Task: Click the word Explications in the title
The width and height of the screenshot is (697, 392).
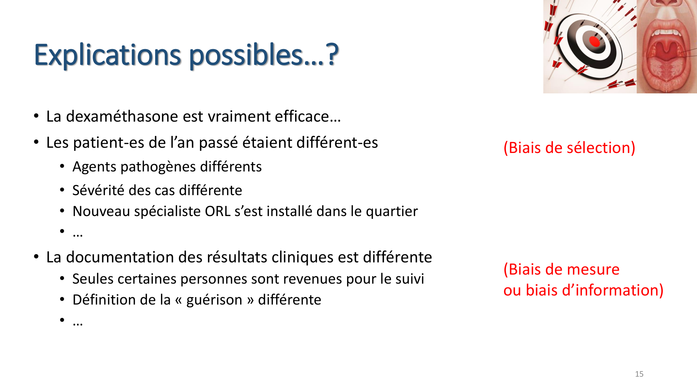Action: [x=107, y=55]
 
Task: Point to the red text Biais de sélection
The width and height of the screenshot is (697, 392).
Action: [x=569, y=148]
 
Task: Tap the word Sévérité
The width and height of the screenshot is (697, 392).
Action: [x=98, y=190]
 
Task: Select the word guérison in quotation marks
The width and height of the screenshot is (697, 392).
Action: [x=214, y=300]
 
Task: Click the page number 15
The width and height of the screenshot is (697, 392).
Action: [x=639, y=374]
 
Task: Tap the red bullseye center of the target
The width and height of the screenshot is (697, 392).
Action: [x=595, y=41]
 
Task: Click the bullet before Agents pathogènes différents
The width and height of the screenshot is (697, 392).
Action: [x=62, y=167]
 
